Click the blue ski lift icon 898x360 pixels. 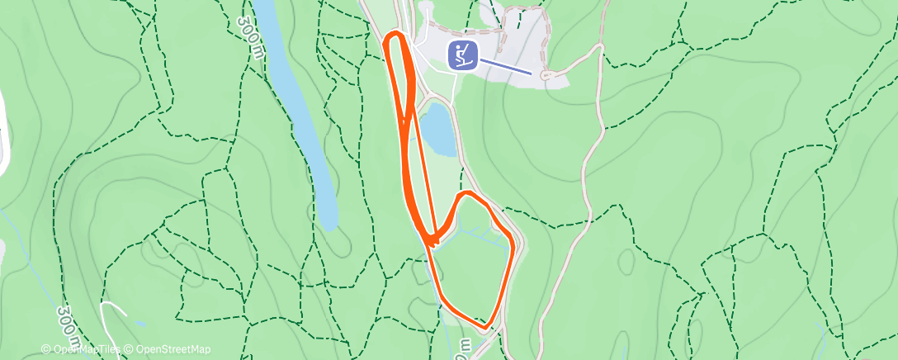tap(463, 55)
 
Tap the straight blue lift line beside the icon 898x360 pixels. tap(504, 66)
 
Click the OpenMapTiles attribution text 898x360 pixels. tap(86, 350)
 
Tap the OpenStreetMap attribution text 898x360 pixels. tap(173, 350)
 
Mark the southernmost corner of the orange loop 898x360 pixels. tap(489, 324)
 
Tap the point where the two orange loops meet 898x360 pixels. tap(431, 240)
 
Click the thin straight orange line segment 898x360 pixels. tap(421, 165)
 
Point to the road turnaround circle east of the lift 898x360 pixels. tap(545, 76)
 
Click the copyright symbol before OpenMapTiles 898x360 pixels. tap(46, 350)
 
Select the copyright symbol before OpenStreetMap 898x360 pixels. tap(130, 350)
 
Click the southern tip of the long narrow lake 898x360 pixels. tap(330, 226)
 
